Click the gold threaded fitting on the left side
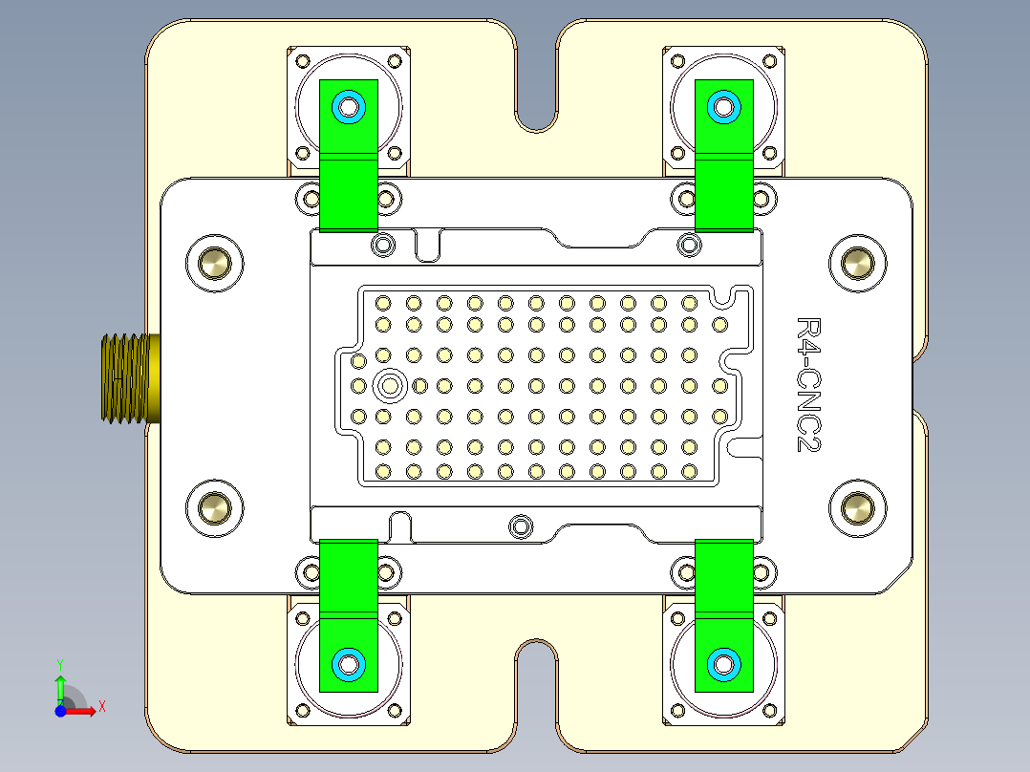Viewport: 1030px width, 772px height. pyautogui.click(x=124, y=377)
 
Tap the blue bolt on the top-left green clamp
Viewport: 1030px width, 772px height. pyautogui.click(x=348, y=106)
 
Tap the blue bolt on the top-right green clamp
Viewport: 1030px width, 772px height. pyautogui.click(x=723, y=106)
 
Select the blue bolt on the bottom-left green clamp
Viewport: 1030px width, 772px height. pyautogui.click(x=348, y=663)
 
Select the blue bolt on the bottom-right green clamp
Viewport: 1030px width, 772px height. pyautogui.click(x=723, y=663)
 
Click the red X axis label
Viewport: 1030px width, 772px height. pyautogui.click(x=101, y=706)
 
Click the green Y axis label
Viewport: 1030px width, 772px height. pyautogui.click(x=59, y=662)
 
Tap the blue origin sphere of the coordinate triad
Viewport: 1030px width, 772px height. pyautogui.click(x=60, y=710)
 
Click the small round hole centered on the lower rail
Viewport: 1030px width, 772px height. pyautogui.click(x=521, y=525)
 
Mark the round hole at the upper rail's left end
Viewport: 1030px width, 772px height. pyautogui.click(x=383, y=245)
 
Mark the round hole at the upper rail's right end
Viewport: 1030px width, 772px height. pyautogui.click(x=689, y=245)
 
